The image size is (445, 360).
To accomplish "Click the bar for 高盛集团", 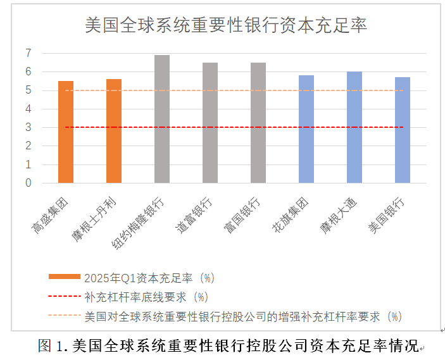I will coord(66,132).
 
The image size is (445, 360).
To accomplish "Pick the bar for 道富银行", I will coord(210,123).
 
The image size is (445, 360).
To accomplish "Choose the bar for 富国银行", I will coord(258,123).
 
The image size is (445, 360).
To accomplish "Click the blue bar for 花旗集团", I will coord(306,129).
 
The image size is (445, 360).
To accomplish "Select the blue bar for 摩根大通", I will coord(354,127).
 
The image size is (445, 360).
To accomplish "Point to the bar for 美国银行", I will coord(403,130).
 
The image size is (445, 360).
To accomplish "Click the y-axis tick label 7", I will coord(28,53).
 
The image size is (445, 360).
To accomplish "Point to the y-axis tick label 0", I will coord(28,183).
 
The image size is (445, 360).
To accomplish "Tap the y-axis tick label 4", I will coord(28,109).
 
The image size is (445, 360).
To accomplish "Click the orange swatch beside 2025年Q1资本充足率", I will coord(64,277).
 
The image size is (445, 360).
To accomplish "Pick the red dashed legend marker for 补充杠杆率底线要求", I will coord(64,296).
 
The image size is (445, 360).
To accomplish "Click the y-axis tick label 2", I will coord(28,146).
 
